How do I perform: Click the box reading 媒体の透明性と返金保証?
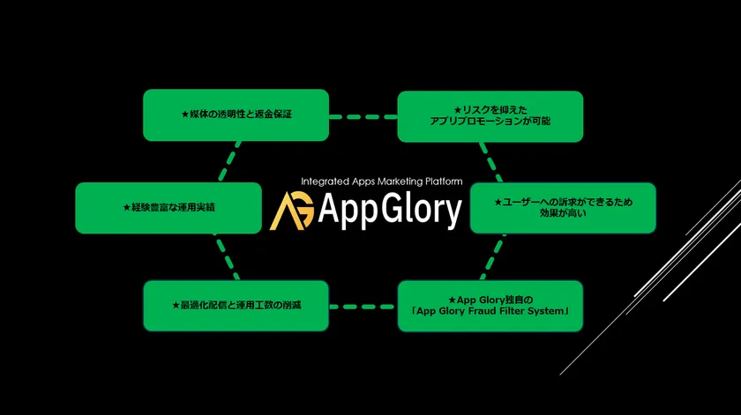coord(236,115)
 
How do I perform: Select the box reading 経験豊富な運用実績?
coord(168,208)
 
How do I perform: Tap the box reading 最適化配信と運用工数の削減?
coord(236,306)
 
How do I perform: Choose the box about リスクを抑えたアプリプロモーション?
coord(490,116)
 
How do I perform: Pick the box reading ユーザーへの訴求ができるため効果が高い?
coord(563,208)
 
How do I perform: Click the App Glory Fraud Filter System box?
coord(490,306)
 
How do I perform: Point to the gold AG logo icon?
coord(292,211)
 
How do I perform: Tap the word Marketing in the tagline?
coord(400,182)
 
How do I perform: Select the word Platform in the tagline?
coord(444,182)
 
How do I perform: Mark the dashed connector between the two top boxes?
coord(363,116)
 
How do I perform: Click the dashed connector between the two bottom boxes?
coord(363,307)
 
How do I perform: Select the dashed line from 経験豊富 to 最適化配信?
coord(228,256)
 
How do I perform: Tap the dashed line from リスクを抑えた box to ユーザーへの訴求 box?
coord(491,162)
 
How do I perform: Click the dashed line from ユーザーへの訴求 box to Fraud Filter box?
coord(493,256)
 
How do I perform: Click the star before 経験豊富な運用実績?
coord(127,208)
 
